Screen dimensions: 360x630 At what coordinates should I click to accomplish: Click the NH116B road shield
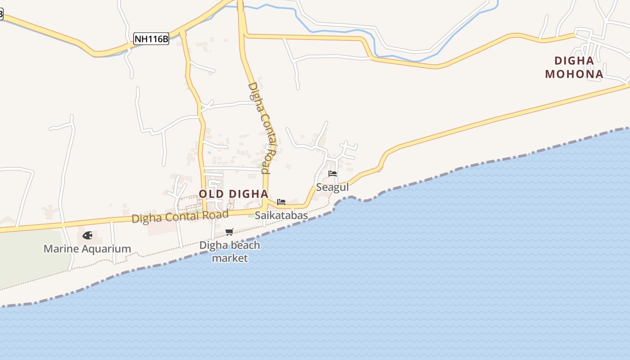[x=151, y=39]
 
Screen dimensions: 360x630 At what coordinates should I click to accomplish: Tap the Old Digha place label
[x=234, y=194]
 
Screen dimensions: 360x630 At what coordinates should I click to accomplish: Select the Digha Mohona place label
[x=574, y=67]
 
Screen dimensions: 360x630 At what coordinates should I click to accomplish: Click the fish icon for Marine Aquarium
[x=87, y=235]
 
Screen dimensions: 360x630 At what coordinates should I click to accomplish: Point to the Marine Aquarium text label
[x=87, y=248]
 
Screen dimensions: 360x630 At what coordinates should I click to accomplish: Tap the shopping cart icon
[x=229, y=232]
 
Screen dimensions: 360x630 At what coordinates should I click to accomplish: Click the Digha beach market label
[x=230, y=252]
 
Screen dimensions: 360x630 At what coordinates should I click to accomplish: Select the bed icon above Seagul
[x=333, y=173]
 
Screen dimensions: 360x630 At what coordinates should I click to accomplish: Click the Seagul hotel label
[x=333, y=187]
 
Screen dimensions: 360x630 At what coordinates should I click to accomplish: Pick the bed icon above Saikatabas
[x=281, y=202]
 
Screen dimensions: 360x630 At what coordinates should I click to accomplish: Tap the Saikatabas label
[x=281, y=215]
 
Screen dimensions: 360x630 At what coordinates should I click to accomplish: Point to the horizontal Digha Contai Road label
[x=180, y=217]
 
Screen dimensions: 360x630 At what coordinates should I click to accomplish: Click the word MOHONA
[x=574, y=74]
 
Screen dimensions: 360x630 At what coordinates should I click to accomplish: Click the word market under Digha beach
[x=230, y=258]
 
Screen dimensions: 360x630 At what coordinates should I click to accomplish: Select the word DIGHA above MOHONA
[x=574, y=61]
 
